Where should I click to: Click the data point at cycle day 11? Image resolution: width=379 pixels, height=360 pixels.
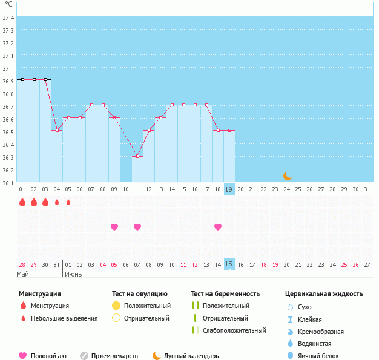[x=137, y=156]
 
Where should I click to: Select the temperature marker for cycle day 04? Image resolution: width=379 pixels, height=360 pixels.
[x=57, y=130]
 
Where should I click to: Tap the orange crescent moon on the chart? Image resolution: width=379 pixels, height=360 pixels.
[x=288, y=176]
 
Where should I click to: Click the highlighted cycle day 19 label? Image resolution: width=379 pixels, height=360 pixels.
[x=229, y=189]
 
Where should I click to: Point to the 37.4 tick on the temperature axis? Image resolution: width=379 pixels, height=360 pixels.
[x=8, y=18]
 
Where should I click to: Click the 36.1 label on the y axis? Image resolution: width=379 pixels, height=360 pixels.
[x=8, y=183]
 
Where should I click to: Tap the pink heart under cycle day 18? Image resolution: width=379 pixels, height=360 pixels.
[x=218, y=227]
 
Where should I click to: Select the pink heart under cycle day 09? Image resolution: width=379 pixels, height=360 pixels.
[x=114, y=227]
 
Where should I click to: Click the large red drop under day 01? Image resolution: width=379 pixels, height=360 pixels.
[x=22, y=202]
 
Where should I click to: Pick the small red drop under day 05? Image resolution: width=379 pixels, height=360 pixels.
[x=68, y=202]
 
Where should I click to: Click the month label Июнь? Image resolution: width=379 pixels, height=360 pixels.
[x=73, y=274]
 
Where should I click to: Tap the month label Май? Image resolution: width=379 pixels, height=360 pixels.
[x=23, y=274]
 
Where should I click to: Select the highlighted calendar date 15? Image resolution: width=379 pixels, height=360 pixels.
[x=229, y=264]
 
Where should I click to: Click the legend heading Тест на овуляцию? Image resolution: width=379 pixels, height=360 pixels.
[x=140, y=294]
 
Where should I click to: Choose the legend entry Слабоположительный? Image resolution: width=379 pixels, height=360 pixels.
[x=234, y=330]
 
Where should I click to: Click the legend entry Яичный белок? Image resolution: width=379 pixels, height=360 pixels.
[x=318, y=356]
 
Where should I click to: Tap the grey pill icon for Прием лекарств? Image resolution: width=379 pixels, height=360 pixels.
[x=84, y=356]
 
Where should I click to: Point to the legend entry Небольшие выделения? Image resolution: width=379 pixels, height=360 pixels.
[x=64, y=318]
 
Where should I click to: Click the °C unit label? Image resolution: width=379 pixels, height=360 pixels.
[x=8, y=4]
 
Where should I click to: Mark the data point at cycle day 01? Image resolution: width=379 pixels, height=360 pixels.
[x=22, y=79]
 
